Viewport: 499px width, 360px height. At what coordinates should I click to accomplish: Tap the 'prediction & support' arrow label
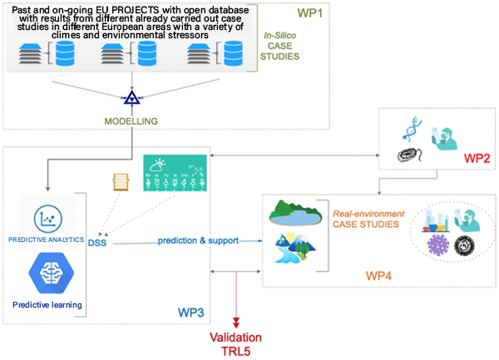(x=200, y=240)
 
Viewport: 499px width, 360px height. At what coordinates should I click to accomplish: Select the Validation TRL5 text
(x=235, y=343)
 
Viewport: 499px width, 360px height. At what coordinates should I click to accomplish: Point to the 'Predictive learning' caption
(x=47, y=305)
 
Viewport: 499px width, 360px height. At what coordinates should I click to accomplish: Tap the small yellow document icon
(x=120, y=181)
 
